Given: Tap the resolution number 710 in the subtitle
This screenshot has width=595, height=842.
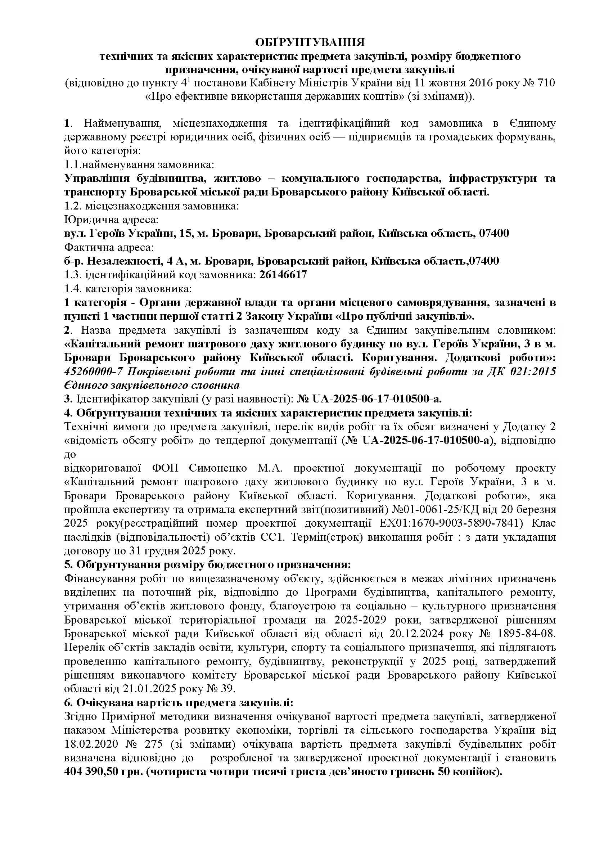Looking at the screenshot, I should click(x=546, y=83).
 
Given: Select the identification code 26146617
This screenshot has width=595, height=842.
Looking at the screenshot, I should click(x=283, y=275).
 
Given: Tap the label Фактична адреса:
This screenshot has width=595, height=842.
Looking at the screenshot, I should click(x=108, y=248).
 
